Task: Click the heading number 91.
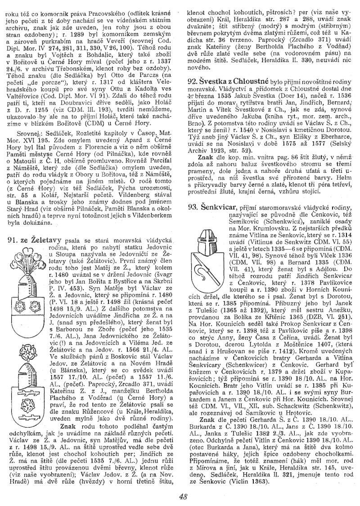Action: click(13, 240)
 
